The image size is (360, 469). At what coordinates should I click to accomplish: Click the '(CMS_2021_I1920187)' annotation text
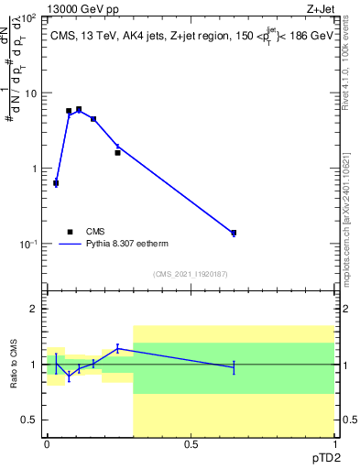[190, 273]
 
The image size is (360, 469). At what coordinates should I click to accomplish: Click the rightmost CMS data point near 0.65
[234, 233]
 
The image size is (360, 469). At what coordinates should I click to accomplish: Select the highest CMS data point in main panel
[79, 109]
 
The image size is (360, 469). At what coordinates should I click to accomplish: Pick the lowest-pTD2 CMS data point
[56, 183]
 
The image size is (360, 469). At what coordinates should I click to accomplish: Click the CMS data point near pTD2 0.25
[117, 152]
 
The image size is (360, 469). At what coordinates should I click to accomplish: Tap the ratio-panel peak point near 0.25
[117, 347]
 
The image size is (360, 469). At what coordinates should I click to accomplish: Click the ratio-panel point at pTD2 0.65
[234, 367]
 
